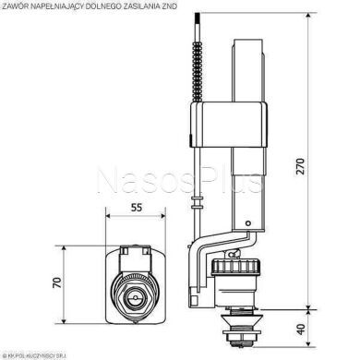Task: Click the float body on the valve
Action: (222, 129)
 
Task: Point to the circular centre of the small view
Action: (134, 300)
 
